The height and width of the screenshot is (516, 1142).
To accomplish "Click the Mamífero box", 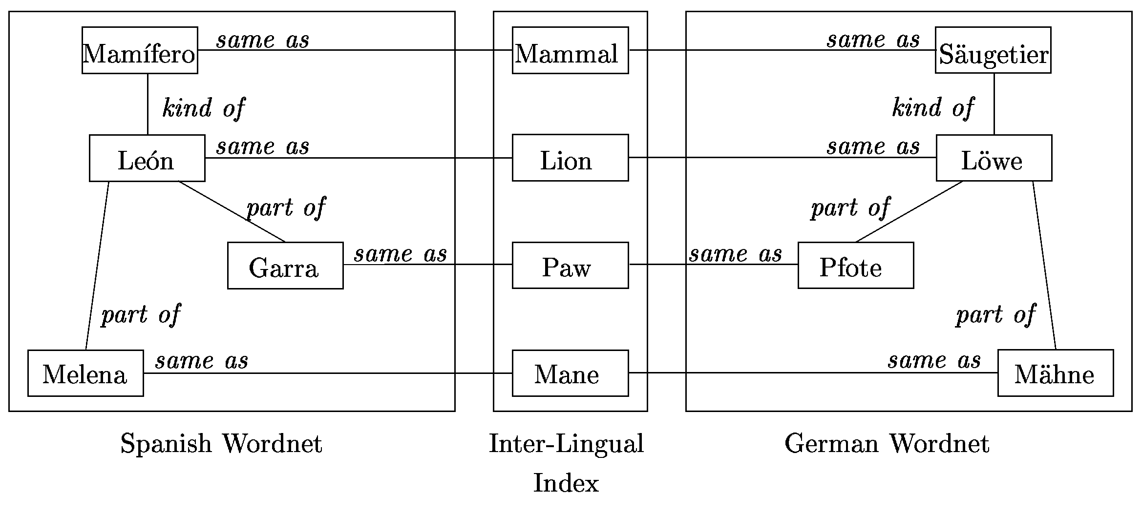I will pyautogui.click(x=140, y=50).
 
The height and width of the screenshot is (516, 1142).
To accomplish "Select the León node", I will pyautogui.click(x=147, y=158).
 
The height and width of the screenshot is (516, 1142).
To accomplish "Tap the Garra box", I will pyautogui.click(x=285, y=266).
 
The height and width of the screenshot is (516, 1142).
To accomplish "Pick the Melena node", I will pyautogui.click(x=85, y=373).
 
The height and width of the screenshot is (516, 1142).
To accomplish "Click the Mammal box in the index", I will pyautogui.click(x=570, y=50).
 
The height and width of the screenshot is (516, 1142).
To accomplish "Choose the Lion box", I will pyautogui.click(x=570, y=158).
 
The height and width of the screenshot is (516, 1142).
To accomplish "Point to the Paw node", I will pyautogui.click(x=570, y=266).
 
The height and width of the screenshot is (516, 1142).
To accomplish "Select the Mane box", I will pyautogui.click(x=570, y=373).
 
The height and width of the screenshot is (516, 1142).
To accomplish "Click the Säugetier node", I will pyautogui.click(x=993, y=50).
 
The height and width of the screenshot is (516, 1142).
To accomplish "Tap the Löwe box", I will pyautogui.click(x=994, y=158).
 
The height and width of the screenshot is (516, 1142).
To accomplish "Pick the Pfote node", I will pyautogui.click(x=856, y=266).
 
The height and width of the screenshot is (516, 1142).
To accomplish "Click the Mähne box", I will pyautogui.click(x=1056, y=373).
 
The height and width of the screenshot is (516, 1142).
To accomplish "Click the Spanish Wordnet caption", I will pyautogui.click(x=221, y=444).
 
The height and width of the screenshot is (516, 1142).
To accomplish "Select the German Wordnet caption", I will pyautogui.click(x=887, y=444).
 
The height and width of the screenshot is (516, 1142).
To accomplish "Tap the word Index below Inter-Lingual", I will pyautogui.click(x=566, y=483).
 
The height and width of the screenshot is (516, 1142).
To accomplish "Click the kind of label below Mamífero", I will pyautogui.click(x=203, y=108).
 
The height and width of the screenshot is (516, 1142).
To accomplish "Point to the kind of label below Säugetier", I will pyautogui.click(x=933, y=108).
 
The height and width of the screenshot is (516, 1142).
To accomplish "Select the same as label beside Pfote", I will pyautogui.click(x=736, y=254).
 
